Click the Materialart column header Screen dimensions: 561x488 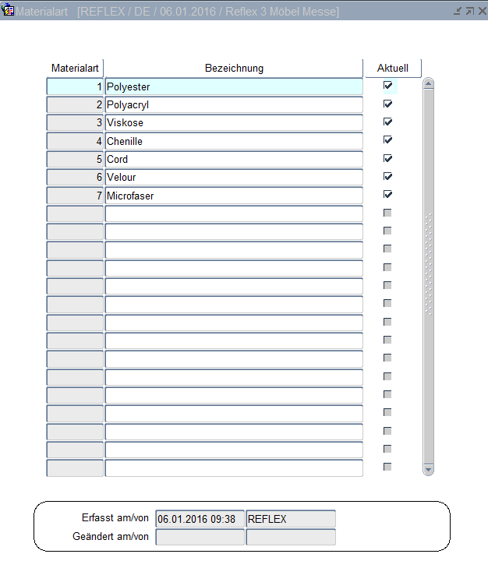click(x=75, y=68)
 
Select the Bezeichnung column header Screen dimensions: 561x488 click(x=234, y=68)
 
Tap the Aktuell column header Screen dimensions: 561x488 click(x=392, y=68)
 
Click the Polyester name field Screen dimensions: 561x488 click(x=234, y=86)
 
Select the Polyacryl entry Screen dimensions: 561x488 click(x=234, y=104)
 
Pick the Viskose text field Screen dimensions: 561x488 click(x=234, y=122)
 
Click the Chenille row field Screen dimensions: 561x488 click(x=234, y=141)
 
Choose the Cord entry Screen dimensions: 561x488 click(x=234, y=159)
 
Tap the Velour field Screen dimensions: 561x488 click(x=234, y=177)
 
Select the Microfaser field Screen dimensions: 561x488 click(x=234, y=196)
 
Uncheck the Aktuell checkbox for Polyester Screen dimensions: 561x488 click(x=387, y=86)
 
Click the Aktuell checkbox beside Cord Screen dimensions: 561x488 click(x=387, y=158)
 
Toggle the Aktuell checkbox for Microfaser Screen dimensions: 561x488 click(x=387, y=195)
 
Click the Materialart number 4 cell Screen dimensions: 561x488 click(x=75, y=141)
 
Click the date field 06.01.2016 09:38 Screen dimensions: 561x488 click(x=200, y=519)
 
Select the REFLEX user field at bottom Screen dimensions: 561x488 click(x=290, y=519)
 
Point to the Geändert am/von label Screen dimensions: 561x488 click(x=110, y=536)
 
